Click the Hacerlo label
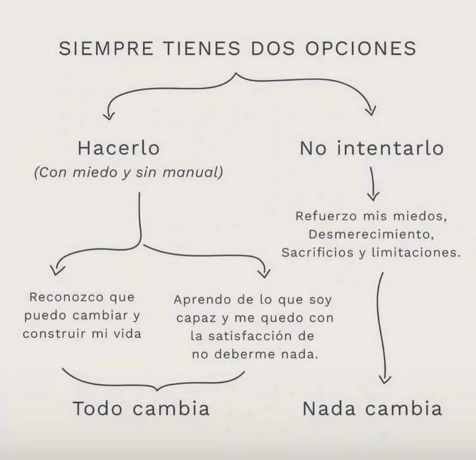click(x=119, y=148)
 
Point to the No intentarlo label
click(x=372, y=148)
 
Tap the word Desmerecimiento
click(x=372, y=234)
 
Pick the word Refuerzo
click(x=326, y=217)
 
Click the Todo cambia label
click(x=141, y=408)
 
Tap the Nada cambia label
click(x=372, y=408)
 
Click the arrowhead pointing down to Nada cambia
click(x=385, y=379)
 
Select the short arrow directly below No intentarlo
click(x=373, y=183)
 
